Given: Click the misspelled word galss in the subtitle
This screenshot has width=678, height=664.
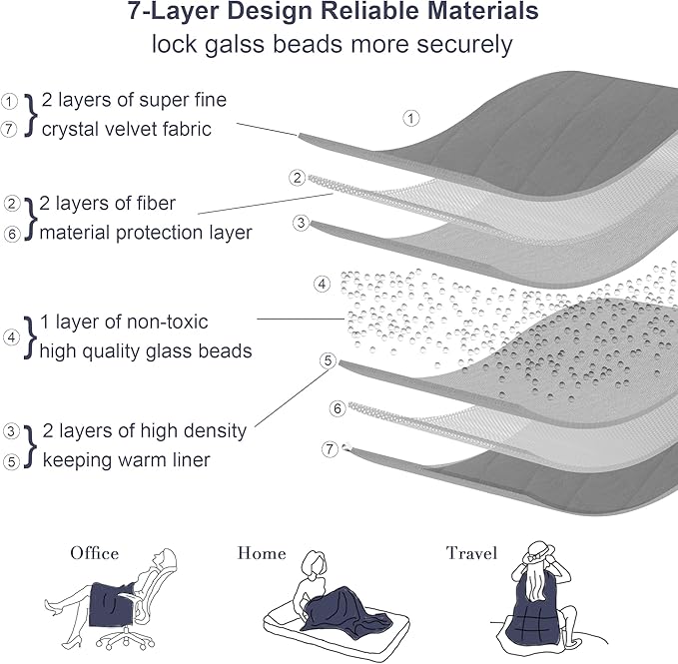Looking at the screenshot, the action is tap(234, 44).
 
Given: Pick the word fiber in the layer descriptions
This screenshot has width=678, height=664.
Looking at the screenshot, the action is tap(156, 203).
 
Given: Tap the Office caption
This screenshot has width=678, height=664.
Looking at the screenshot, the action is tap(95, 553).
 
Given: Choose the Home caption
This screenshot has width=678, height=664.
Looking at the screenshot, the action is tap(262, 553).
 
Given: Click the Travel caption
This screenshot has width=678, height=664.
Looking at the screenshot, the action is tap(471, 553).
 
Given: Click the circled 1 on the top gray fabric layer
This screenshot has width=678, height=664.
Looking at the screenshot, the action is tap(411, 118).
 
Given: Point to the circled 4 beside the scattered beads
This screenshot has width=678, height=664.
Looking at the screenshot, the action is tap(322, 284).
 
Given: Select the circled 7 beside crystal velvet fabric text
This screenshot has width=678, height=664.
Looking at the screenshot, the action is tap(9, 129).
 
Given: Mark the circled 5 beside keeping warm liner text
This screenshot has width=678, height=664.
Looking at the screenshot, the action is tap(11, 461).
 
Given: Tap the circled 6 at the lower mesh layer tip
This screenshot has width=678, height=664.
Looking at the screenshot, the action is tap(338, 408).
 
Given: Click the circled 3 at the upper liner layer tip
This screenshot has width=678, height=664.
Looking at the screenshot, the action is tap(301, 223).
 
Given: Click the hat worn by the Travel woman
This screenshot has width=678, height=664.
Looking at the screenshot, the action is tap(538, 553).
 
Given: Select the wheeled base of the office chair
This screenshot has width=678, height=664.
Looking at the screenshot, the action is tap(126, 638).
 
